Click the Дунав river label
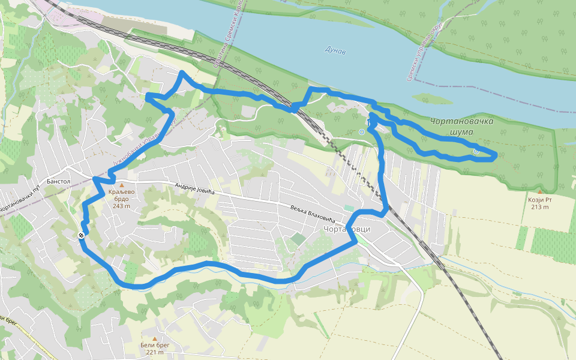[x=335, y=50]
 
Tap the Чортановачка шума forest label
[x=462, y=126]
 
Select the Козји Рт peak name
[x=539, y=199]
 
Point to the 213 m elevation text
[x=539, y=207]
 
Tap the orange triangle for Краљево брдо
[x=122, y=185]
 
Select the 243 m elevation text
[x=121, y=206]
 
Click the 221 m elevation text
[x=154, y=352]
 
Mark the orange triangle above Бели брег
[x=155, y=338]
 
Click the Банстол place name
[x=58, y=181]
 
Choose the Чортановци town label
[x=347, y=230]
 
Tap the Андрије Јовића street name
[x=194, y=188]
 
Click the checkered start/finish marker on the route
[x=81, y=235]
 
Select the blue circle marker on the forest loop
[x=476, y=152]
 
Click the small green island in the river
[x=432, y=99]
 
